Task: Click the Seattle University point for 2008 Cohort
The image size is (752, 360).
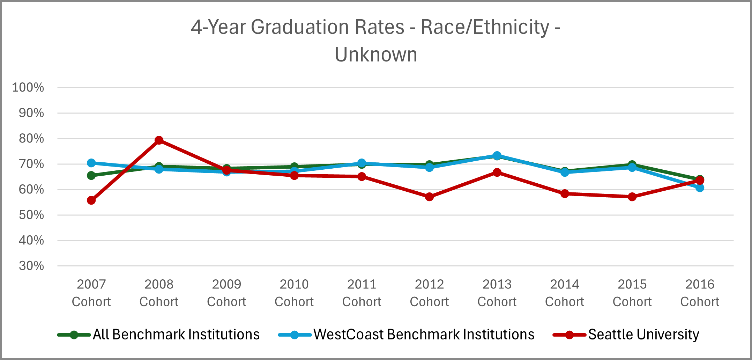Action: (159, 140)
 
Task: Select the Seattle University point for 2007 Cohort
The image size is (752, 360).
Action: (91, 200)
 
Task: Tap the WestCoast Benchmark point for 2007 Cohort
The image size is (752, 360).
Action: (91, 163)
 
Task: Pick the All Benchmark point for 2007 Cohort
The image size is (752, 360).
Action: (91, 175)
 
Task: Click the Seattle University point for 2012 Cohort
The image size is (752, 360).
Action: (429, 197)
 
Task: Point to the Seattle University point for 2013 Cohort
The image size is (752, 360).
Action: (497, 172)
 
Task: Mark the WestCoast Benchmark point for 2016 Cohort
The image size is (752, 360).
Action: (700, 188)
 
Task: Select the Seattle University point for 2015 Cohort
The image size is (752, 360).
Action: (632, 197)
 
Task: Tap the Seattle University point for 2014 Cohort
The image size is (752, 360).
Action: (565, 193)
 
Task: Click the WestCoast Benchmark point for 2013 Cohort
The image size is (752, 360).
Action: (497, 155)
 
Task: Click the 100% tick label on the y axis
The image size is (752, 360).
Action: (28, 87)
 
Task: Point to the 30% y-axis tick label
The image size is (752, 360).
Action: (31, 266)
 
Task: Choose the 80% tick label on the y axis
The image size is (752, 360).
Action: (31, 139)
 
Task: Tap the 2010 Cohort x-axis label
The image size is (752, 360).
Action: (294, 293)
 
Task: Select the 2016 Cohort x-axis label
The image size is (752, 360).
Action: (700, 293)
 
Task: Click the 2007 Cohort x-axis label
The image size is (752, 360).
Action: (91, 293)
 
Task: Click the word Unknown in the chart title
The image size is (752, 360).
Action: (376, 55)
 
